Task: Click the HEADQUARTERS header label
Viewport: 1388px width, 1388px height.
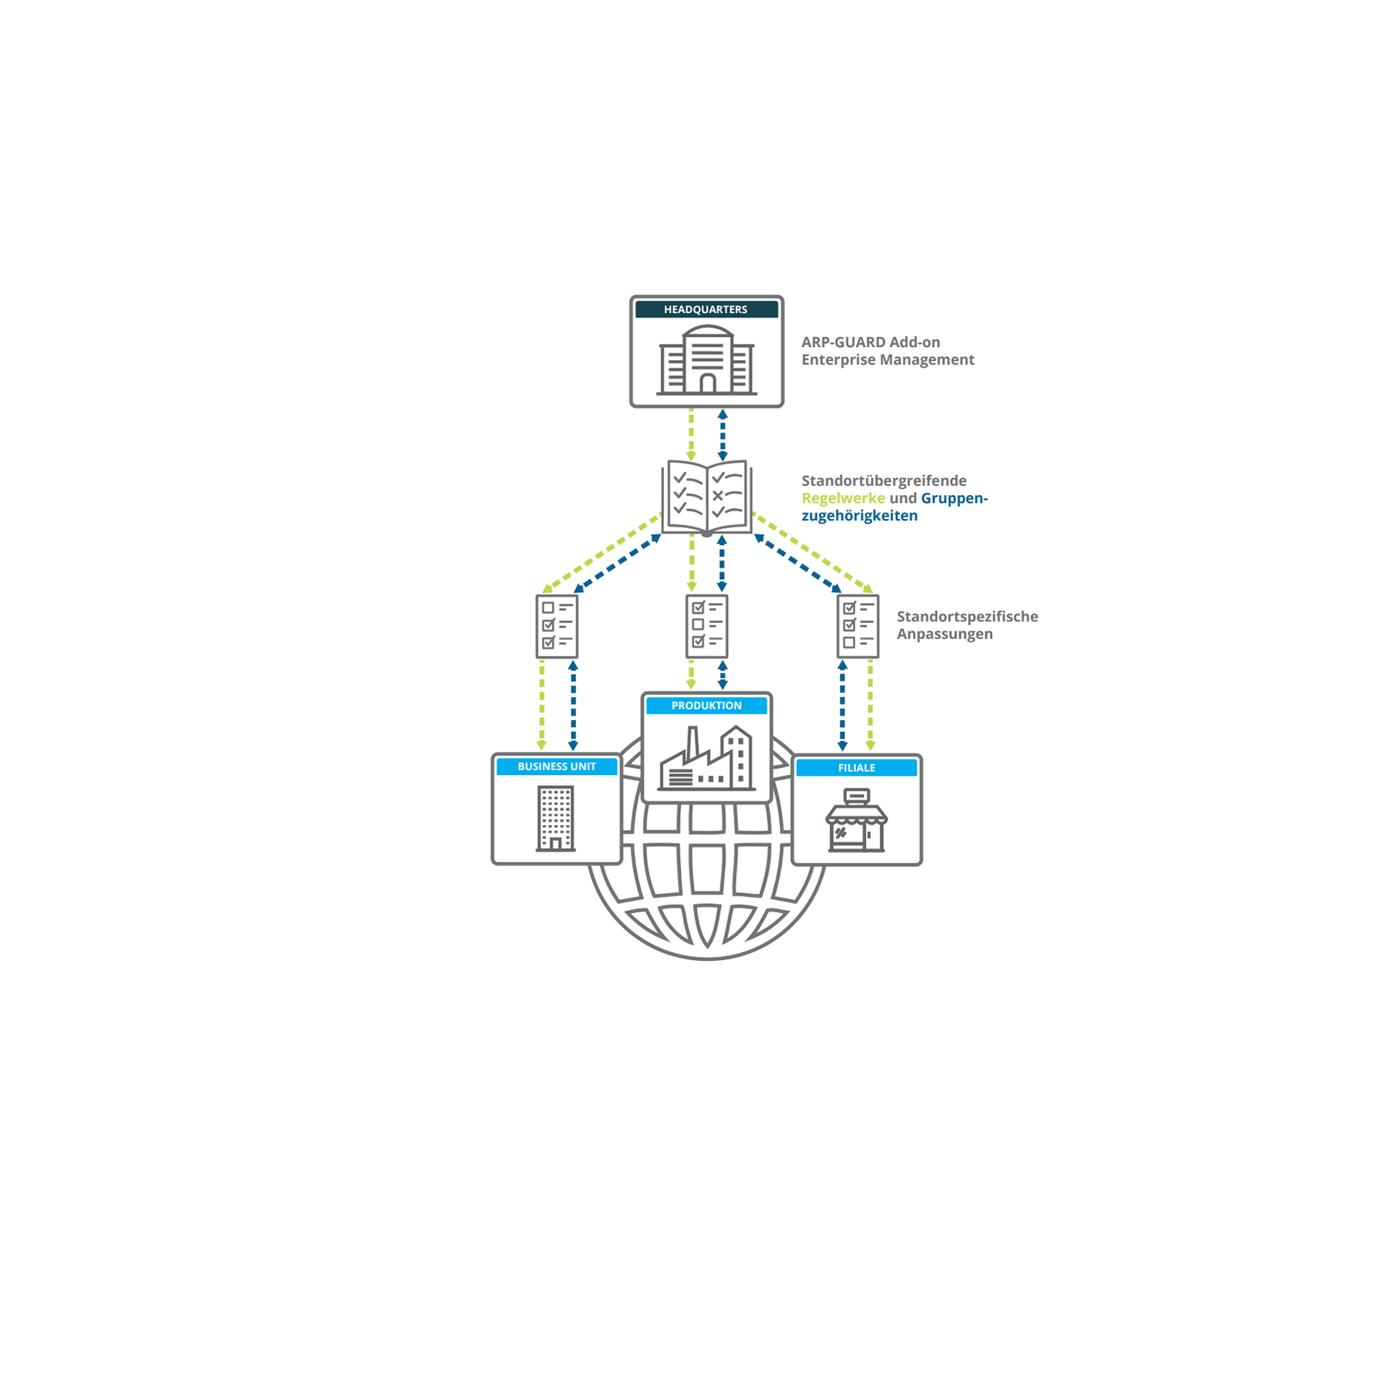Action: [x=706, y=309]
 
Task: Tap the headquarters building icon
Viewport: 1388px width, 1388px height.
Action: [x=706, y=360]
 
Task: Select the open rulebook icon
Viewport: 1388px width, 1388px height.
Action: [x=706, y=497]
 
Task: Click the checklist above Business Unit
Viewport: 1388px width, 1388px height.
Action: [x=557, y=625]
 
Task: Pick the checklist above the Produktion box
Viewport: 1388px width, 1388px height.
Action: [x=706, y=625]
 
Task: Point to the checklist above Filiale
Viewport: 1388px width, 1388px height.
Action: [x=857, y=625]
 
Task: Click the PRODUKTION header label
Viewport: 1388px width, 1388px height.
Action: [x=706, y=706]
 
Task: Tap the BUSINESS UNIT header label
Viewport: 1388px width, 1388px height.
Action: [x=557, y=766]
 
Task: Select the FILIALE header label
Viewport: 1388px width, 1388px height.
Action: [x=857, y=768]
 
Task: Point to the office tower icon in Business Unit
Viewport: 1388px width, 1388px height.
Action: [x=556, y=818]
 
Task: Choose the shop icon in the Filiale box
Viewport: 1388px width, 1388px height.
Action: [x=857, y=820]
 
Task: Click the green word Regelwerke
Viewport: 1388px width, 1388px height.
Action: [x=843, y=498]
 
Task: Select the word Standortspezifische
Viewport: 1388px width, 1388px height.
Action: [x=967, y=616]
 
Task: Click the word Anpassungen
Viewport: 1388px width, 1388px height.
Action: [x=945, y=634]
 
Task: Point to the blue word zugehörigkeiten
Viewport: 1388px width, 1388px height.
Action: [x=860, y=516]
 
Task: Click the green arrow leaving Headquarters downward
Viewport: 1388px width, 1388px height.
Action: [x=691, y=435]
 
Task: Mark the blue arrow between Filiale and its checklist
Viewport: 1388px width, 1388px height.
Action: [x=842, y=706]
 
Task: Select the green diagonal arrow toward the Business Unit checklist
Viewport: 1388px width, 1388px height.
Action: [x=601, y=553]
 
